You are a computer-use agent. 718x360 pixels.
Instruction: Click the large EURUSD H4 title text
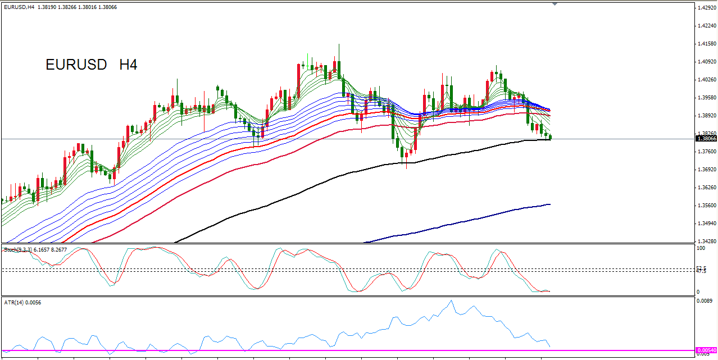point(92,65)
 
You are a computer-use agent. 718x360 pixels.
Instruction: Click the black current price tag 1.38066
point(706,139)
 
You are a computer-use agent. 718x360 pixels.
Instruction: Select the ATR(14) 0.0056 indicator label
point(22,303)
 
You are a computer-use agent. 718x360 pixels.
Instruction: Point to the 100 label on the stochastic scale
point(701,248)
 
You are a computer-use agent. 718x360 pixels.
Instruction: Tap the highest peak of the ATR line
point(451,301)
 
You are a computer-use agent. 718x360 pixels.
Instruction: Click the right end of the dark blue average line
point(549,204)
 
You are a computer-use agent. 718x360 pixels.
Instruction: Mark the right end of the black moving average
point(549,139)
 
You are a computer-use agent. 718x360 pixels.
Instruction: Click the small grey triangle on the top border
point(555,4)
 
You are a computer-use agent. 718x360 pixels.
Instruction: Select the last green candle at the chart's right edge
point(551,137)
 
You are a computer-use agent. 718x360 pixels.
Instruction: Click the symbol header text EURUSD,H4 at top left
point(19,7)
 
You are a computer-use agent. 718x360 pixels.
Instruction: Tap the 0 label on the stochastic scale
point(698,292)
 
